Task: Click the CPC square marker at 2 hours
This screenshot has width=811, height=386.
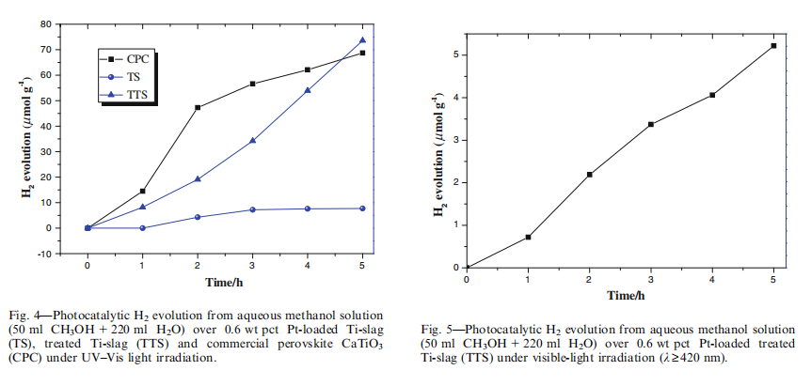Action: (198, 107)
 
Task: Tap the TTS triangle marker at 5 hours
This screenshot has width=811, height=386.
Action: (362, 40)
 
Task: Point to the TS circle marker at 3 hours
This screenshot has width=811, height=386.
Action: (252, 209)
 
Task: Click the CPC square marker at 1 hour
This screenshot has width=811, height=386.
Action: (142, 191)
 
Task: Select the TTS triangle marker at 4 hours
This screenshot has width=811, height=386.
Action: (308, 90)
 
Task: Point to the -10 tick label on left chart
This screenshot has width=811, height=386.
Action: (63, 253)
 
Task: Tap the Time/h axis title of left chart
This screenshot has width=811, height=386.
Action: (226, 282)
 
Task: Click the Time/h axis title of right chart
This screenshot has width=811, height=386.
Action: (624, 296)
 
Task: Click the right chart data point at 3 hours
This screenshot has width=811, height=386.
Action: (651, 124)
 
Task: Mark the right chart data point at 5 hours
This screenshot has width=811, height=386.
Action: (773, 46)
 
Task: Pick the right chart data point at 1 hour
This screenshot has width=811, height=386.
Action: (529, 237)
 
